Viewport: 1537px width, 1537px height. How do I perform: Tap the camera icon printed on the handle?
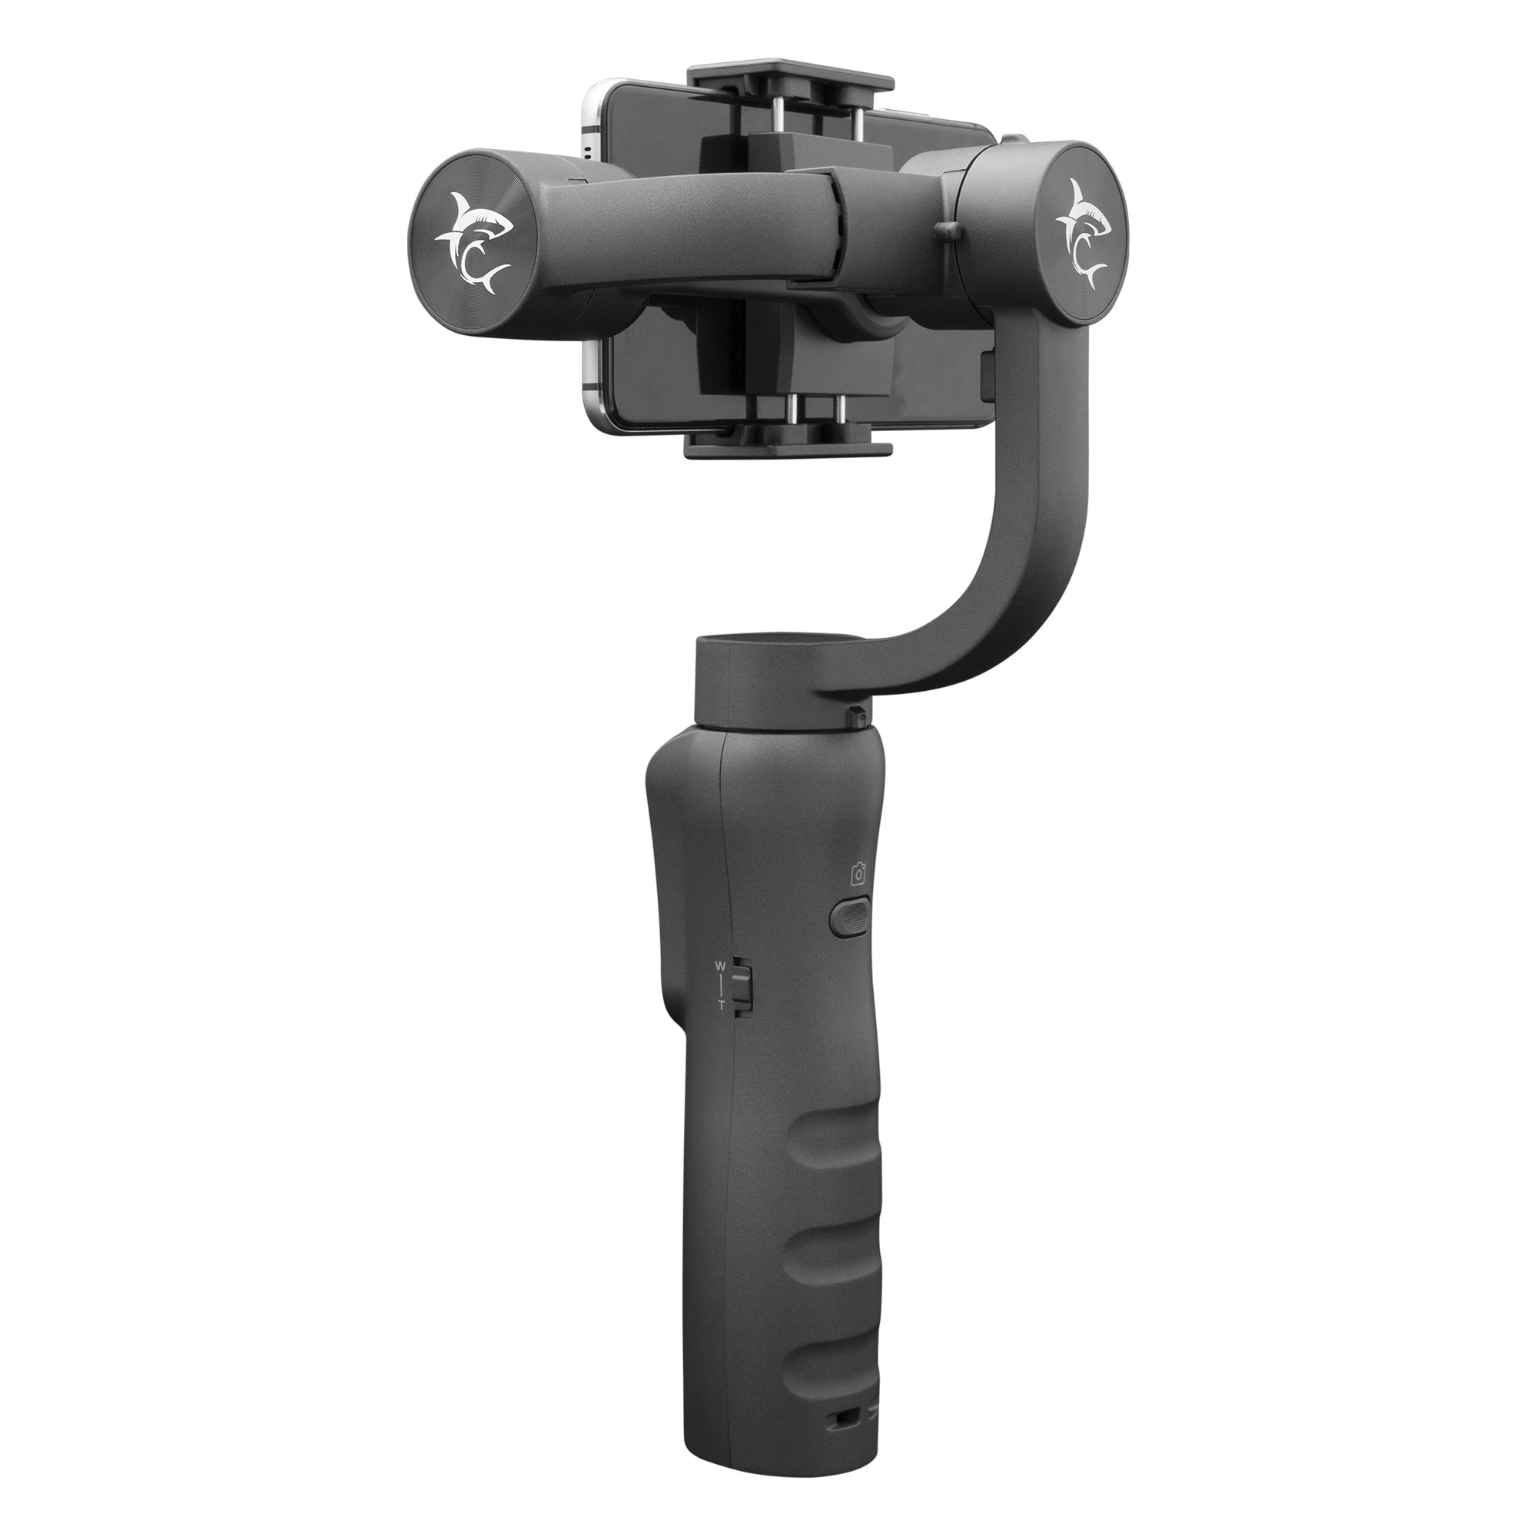(x=858, y=875)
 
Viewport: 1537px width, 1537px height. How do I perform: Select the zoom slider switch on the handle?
(x=742, y=986)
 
